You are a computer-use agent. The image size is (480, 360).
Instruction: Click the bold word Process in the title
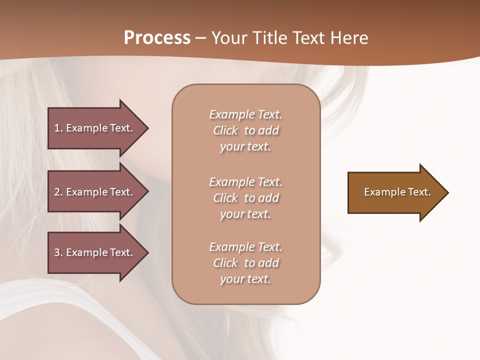tap(157, 38)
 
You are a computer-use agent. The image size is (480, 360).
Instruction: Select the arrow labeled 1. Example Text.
tap(95, 128)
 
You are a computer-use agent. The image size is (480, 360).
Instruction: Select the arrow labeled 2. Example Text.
tap(95, 192)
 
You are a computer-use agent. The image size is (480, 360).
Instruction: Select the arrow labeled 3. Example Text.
tap(95, 252)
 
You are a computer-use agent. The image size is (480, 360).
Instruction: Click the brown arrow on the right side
tap(395, 192)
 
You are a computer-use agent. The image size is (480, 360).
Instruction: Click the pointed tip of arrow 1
tap(147, 128)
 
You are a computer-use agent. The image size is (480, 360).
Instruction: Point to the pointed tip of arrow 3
tap(147, 252)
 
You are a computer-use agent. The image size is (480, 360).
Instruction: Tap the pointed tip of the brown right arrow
tap(447, 192)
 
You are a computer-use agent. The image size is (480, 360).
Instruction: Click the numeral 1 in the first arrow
tap(57, 128)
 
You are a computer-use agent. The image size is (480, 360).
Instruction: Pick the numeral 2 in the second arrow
tap(57, 192)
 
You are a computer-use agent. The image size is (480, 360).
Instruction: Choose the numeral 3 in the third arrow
tap(57, 252)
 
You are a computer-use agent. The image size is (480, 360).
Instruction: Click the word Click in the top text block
tap(225, 131)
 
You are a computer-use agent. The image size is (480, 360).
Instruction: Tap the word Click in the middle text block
tap(225, 198)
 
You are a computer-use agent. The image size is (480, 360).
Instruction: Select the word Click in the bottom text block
tap(225, 263)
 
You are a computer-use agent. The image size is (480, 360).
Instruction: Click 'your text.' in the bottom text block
tap(245, 279)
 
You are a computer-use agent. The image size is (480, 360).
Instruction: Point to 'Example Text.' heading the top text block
tap(245, 114)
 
